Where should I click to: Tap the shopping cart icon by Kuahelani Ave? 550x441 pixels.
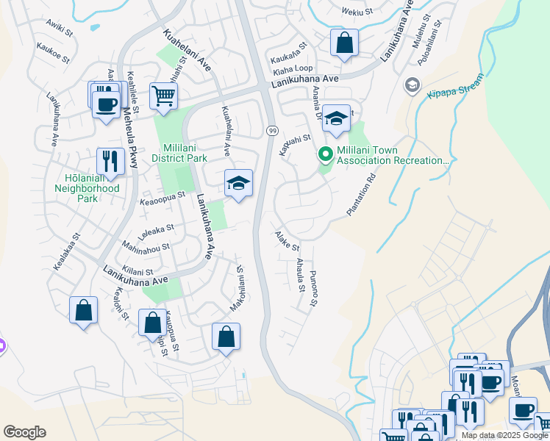tap(163, 96)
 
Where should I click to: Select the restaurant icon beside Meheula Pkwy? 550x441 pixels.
tap(110, 161)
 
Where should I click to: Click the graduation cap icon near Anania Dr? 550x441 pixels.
tap(336, 118)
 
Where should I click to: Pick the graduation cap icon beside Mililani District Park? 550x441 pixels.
tap(238, 184)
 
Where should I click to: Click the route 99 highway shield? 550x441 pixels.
tap(271, 130)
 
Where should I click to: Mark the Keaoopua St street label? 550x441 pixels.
tap(161, 200)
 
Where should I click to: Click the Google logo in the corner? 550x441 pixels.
tap(24, 432)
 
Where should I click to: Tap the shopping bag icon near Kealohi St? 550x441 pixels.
tap(84, 310)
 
